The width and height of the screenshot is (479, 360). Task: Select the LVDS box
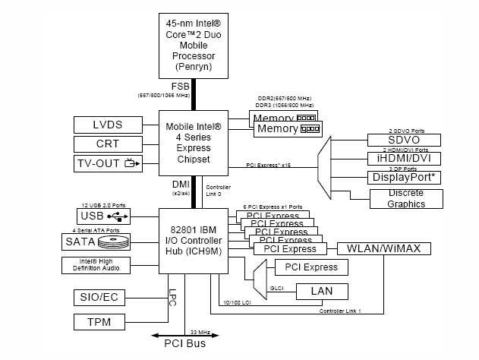click(108, 125)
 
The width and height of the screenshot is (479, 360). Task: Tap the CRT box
click(108, 144)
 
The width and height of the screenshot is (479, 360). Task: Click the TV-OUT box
click(108, 163)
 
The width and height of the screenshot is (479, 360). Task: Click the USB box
click(103, 215)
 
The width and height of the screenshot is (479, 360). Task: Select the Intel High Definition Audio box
click(96, 265)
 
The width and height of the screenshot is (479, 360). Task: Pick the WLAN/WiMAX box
click(383, 248)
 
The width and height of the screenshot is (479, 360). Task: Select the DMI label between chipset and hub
click(179, 185)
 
